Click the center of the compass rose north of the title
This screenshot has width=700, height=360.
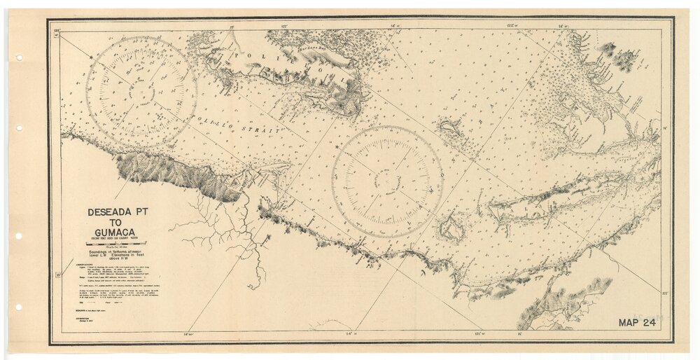pyautogui.click(x=141, y=92)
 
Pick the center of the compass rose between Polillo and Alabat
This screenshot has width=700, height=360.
pyautogui.click(x=386, y=181)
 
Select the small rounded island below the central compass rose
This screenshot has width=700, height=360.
pyautogui.click(x=450, y=229)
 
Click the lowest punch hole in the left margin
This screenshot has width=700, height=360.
pyautogui.click(x=19, y=307)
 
